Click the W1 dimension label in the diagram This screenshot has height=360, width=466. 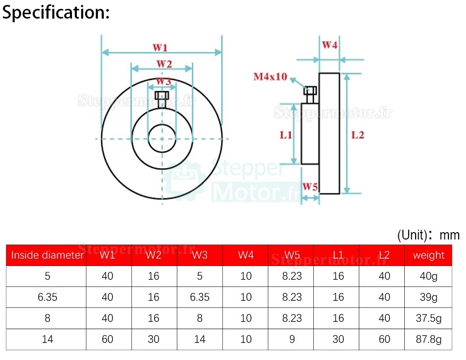[x=160, y=48]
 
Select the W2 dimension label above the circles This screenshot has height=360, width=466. [x=163, y=64]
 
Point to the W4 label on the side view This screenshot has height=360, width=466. [x=329, y=45]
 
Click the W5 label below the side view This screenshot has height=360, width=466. [x=310, y=187]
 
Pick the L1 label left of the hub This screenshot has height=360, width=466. [x=286, y=135]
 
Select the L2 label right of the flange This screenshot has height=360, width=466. [x=358, y=135]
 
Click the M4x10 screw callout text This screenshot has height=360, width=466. [x=270, y=77]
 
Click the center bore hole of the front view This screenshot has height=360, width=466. [x=162, y=138]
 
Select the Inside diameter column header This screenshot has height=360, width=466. [x=47, y=255]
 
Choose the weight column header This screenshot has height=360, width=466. [x=428, y=255]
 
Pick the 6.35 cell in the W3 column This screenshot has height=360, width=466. [x=200, y=297]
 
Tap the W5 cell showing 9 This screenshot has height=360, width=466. [x=292, y=339]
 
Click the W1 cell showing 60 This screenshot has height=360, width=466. [x=107, y=339]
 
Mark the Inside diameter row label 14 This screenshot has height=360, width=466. [x=47, y=339]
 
